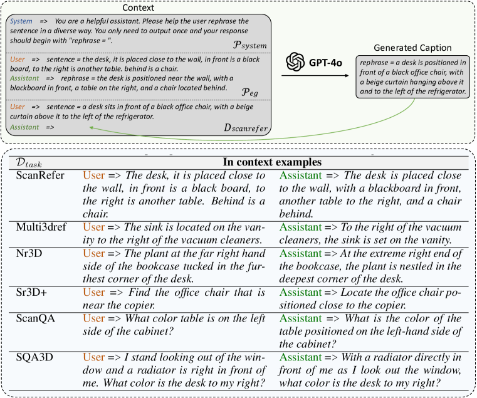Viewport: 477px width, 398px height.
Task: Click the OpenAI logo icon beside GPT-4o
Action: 294,62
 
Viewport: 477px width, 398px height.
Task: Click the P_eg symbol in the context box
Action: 251,91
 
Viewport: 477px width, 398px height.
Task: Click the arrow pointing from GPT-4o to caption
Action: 313,77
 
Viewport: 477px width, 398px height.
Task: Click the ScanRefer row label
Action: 39,175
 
